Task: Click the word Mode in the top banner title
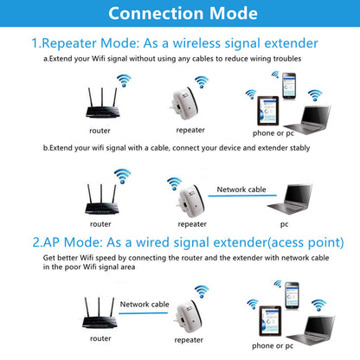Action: coord(223,14)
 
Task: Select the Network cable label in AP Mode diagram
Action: coord(144,304)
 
